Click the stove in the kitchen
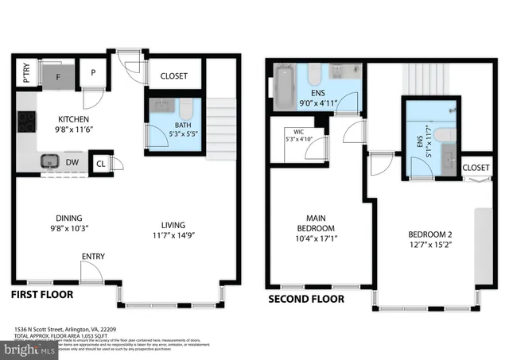[x=26, y=122]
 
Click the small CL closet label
[x=101, y=164]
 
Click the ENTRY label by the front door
[x=92, y=257]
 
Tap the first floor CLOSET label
[x=173, y=76]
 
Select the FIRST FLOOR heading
[x=41, y=295]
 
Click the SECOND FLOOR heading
[x=306, y=300]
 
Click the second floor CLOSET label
[x=476, y=168]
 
